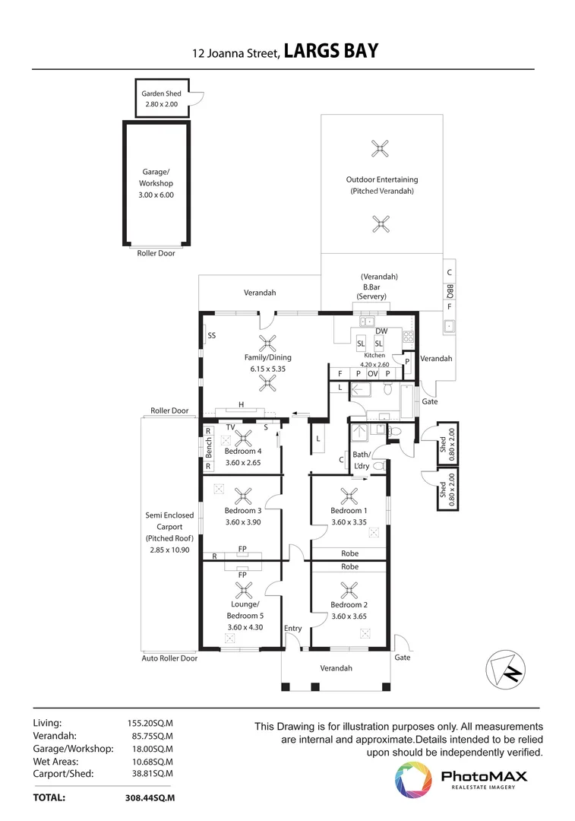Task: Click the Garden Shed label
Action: [161, 94]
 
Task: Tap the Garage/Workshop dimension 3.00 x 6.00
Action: [156, 195]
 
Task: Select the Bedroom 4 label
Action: [243, 451]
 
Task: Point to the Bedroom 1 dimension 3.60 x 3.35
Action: [349, 522]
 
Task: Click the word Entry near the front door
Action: [293, 629]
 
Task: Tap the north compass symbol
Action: [505, 670]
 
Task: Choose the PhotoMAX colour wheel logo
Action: [413, 780]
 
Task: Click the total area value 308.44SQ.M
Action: [150, 798]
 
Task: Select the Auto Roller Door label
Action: [169, 658]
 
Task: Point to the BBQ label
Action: [450, 290]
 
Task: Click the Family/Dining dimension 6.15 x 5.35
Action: [268, 369]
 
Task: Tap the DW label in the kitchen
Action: [381, 331]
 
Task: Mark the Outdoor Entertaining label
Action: [382, 179]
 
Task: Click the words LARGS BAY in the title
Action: [330, 51]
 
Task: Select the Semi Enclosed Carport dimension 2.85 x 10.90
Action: [169, 550]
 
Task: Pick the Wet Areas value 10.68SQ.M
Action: [152, 762]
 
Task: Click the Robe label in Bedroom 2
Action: [349, 566]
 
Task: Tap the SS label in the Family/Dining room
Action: [211, 336]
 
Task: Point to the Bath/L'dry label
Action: [362, 460]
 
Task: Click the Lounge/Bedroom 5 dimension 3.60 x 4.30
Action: [245, 627]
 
